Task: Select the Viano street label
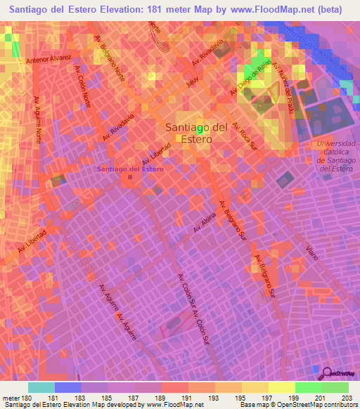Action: (311, 250)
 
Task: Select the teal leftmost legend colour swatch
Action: (41, 387)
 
